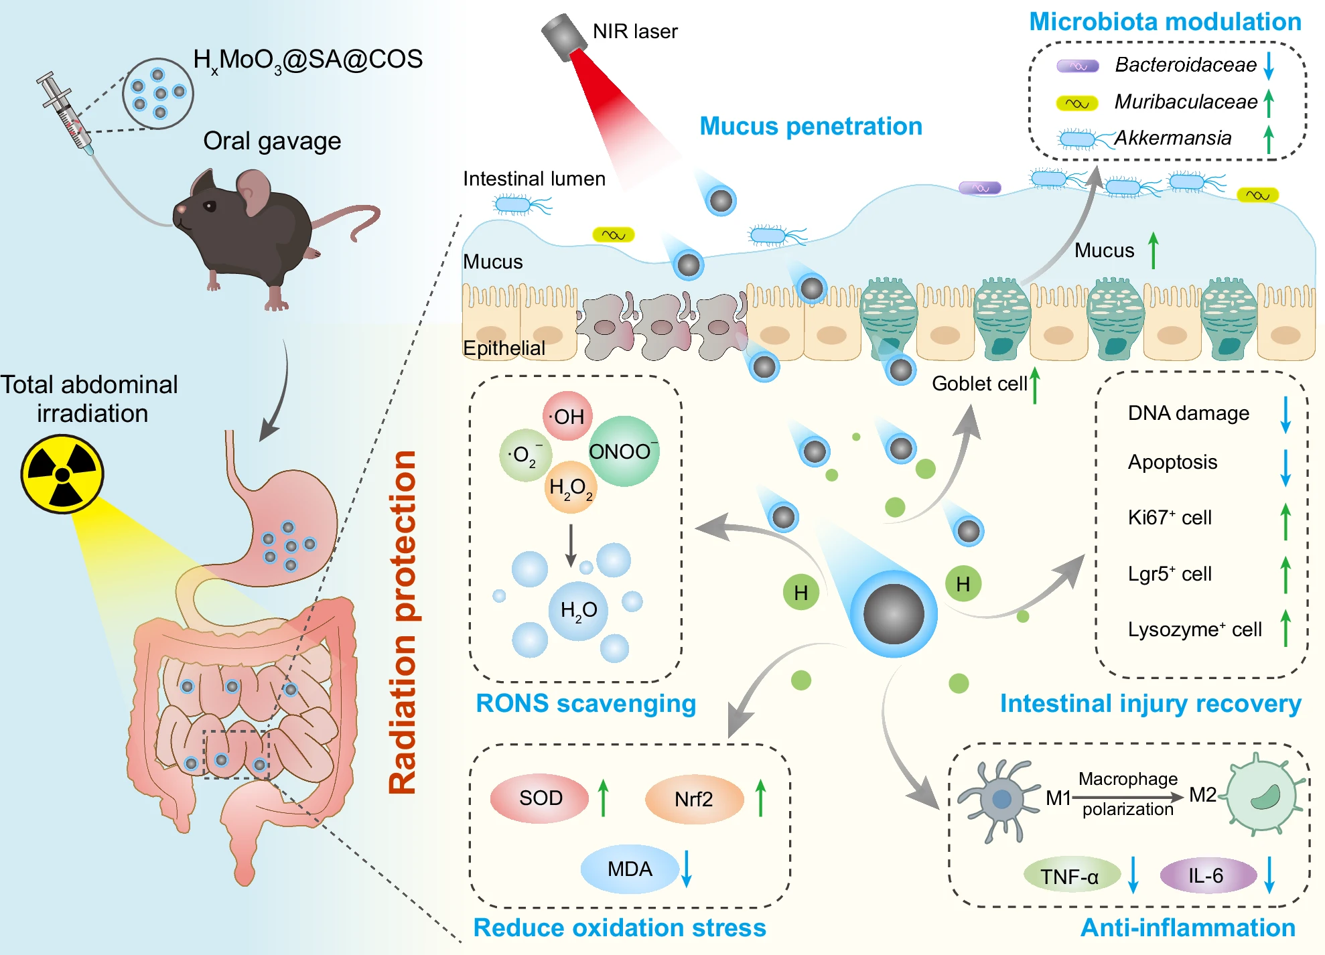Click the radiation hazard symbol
click(x=62, y=474)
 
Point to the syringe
click(x=65, y=112)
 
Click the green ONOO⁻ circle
click(x=624, y=451)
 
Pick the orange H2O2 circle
click(x=570, y=487)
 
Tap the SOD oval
click(x=540, y=798)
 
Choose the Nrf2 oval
click(x=694, y=799)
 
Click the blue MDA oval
click(x=629, y=869)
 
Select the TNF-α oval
click(x=1070, y=876)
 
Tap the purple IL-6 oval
click(x=1206, y=875)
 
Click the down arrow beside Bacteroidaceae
click(x=1268, y=66)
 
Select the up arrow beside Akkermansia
click(x=1268, y=139)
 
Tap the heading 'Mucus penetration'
click(x=811, y=126)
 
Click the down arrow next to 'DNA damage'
click(x=1285, y=415)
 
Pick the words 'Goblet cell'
click(x=979, y=384)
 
